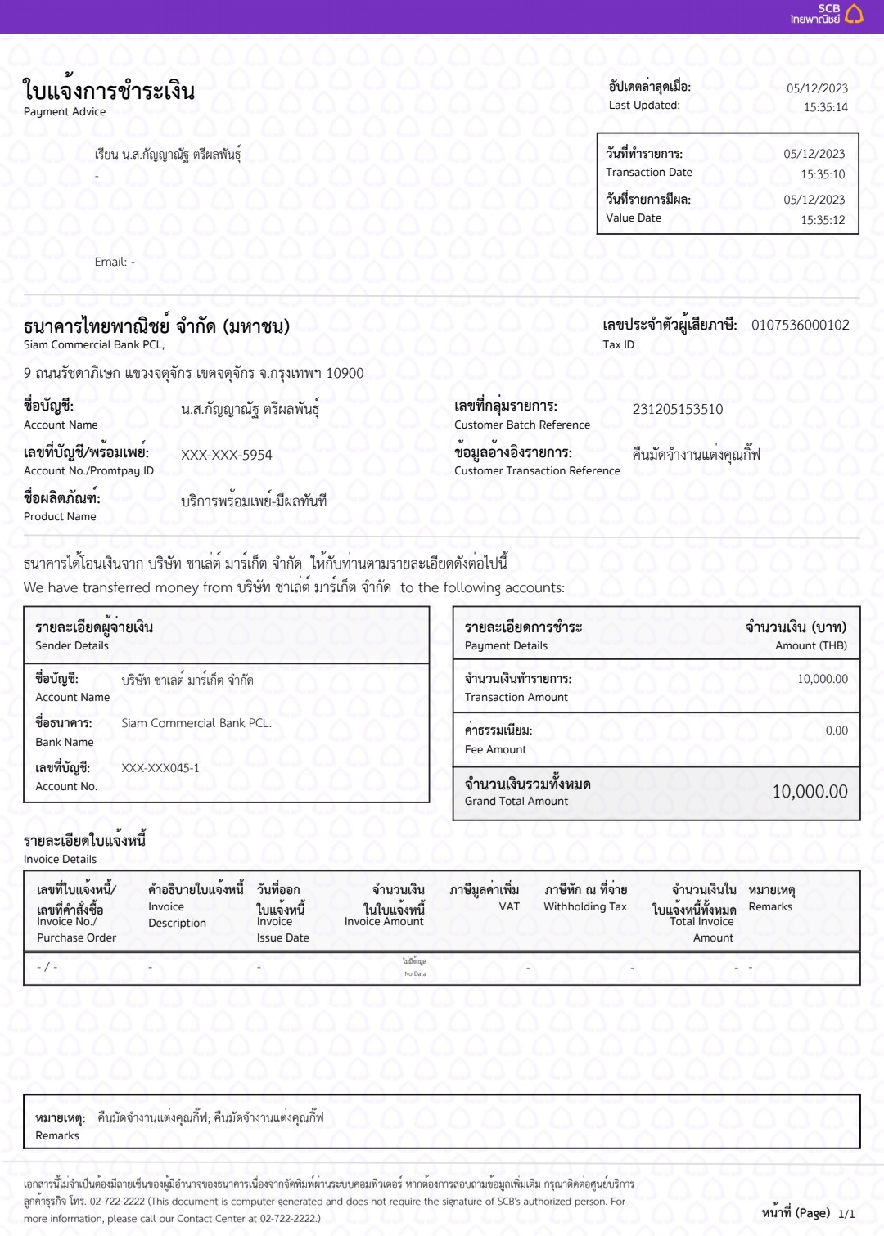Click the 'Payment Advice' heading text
click(65, 112)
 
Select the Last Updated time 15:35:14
click(825, 107)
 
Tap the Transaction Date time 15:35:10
click(823, 174)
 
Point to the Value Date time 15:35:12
click(823, 220)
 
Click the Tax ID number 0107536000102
click(800, 326)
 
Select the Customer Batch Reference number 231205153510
click(677, 410)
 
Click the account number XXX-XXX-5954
click(226, 456)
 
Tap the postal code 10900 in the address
click(345, 374)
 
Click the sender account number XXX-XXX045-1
click(160, 769)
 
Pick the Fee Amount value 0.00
click(837, 731)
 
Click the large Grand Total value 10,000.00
click(810, 792)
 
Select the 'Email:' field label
click(110, 263)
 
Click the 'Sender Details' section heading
click(72, 646)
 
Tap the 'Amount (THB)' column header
click(810, 646)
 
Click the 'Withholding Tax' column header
click(584, 907)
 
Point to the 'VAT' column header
click(509, 907)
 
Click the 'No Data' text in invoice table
click(415, 974)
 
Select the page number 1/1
click(846, 1214)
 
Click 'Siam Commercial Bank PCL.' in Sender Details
click(196, 724)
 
